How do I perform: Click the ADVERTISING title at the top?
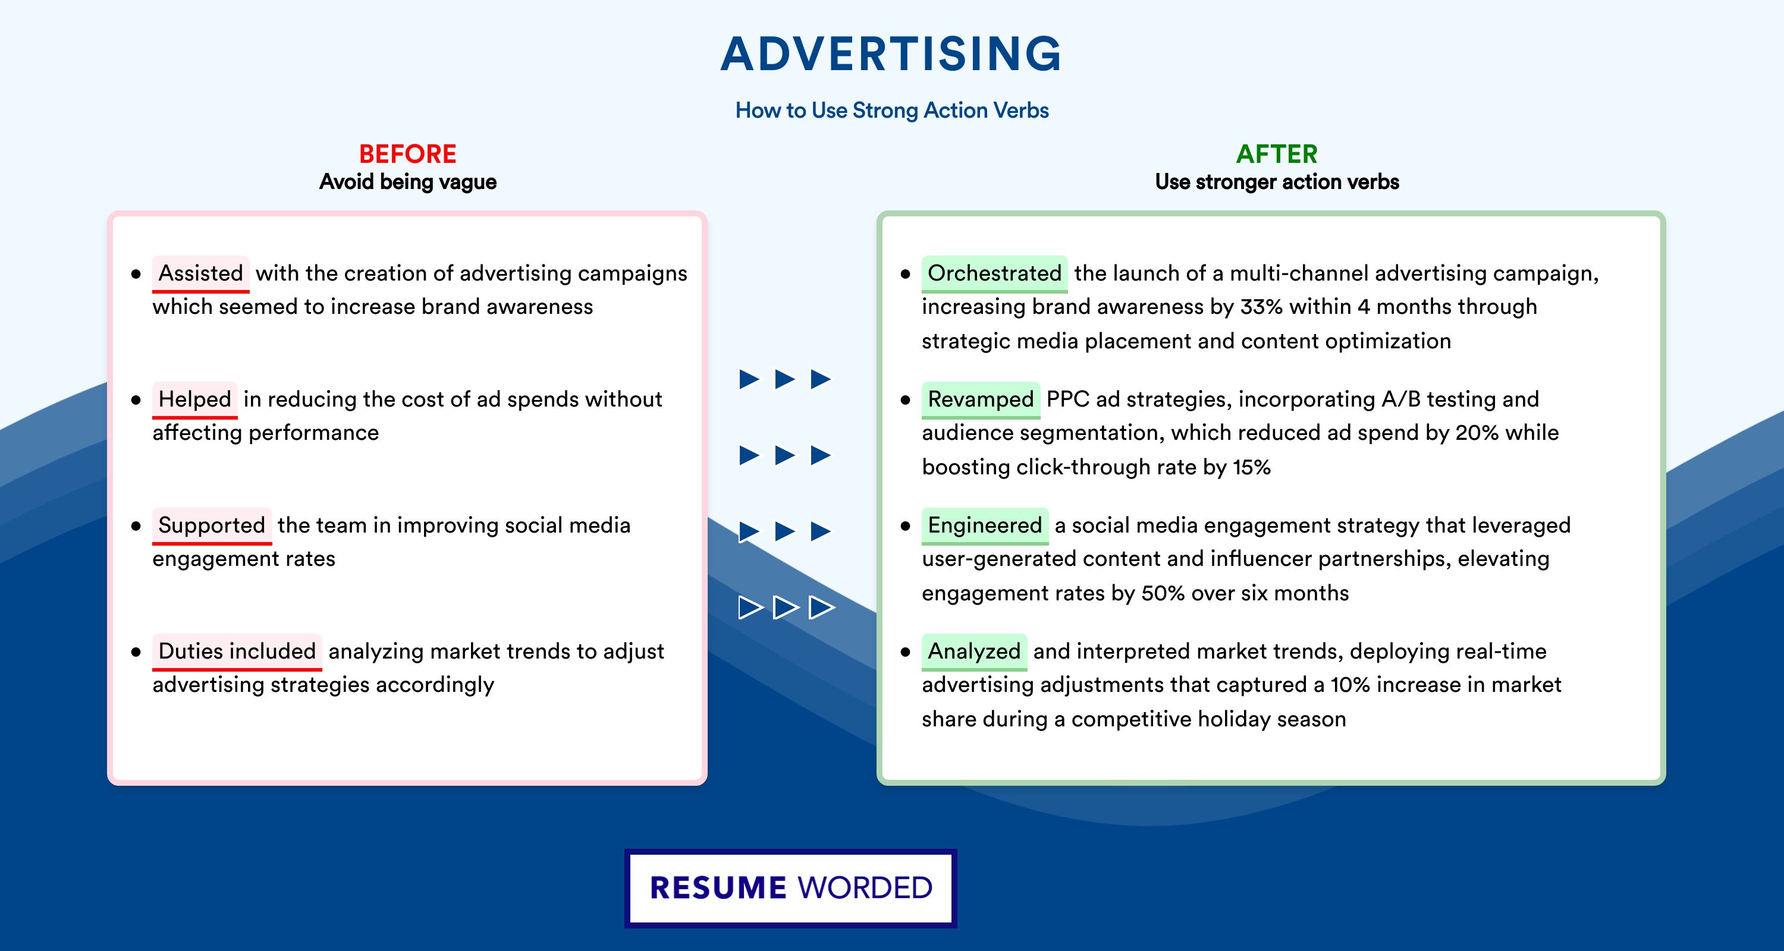click(891, 53)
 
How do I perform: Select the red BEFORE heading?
click(407, 154)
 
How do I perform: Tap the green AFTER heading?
click(1276, 154)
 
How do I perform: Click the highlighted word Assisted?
click(201, 273)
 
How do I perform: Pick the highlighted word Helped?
click(194, 399)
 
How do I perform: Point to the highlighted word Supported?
click(212, 525)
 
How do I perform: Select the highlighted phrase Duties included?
click(237, 651)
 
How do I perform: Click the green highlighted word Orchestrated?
click(994, 273)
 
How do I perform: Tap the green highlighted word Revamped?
click(981, 399)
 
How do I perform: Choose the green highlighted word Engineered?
click(985, 525)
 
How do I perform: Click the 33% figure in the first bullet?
click(1261, 307)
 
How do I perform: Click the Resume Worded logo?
click(790, 888)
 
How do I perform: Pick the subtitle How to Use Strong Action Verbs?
click(892, 110)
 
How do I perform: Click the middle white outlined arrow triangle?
click(786, 607)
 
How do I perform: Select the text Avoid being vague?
click(407, 182)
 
